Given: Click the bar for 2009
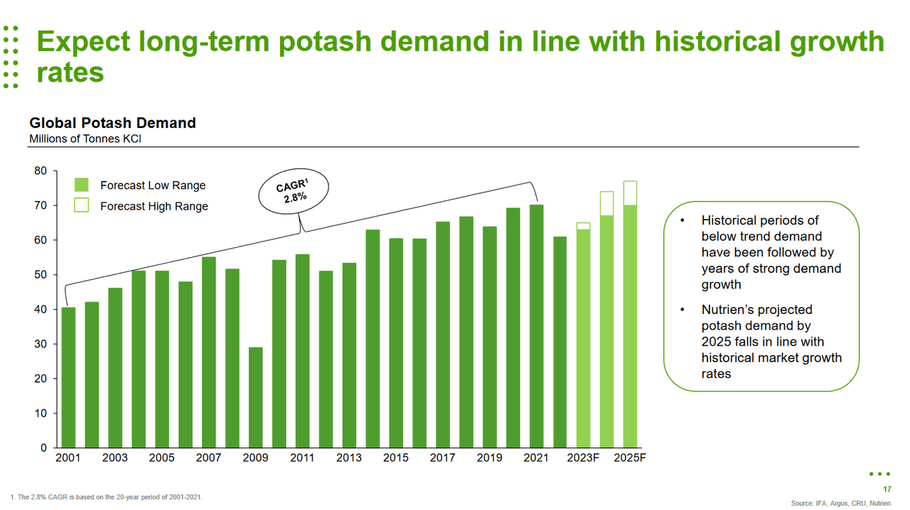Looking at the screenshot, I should coord(255,398).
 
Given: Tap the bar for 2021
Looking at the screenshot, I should coord(537,326).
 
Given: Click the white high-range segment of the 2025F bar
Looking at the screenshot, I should coord(630,193).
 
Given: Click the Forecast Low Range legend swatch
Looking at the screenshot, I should coord(81,185).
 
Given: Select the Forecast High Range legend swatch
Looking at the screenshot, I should coord(81,206).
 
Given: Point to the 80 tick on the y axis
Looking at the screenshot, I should coord(41,171).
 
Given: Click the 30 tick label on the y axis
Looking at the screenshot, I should coord(41,344).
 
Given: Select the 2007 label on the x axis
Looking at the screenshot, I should coord(208,458).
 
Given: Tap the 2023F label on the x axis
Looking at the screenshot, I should coord(583,458).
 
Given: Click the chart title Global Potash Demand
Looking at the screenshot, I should coord(112,123).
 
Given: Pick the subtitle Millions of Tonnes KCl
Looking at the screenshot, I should coord(85,139).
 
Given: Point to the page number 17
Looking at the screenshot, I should coord(887,489).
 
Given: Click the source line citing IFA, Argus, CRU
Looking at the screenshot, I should coord(840,502).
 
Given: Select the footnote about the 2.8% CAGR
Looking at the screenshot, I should coord(107,497).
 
